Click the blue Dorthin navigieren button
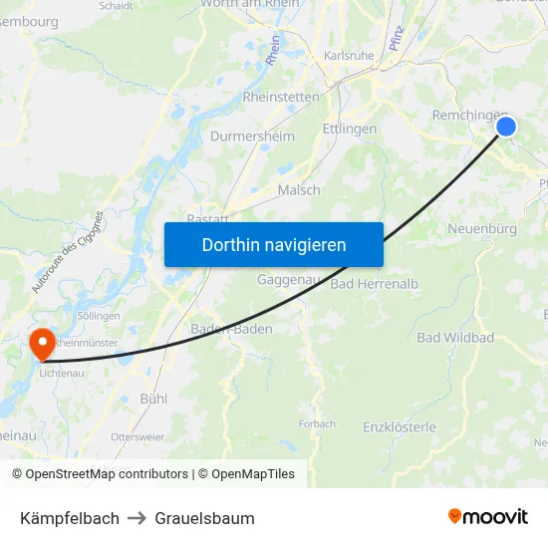[274, 244]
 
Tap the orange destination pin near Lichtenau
[43, 344]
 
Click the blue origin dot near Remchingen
[506, 127]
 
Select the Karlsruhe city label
[349, 56]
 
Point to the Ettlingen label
[350, 130]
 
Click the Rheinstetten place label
[281, 98]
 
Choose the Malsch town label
[299, 190]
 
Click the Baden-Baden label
[231, 329]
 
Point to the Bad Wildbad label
[455, 338]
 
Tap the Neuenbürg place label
[481, 229]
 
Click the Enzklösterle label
[400, 427]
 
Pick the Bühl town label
[153, 399]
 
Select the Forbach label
[317, 423]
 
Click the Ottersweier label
[137, 436]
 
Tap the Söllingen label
[99, 316]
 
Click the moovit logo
[488, 517]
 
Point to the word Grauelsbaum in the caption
[204, 518]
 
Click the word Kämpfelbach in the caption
[70, 518]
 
